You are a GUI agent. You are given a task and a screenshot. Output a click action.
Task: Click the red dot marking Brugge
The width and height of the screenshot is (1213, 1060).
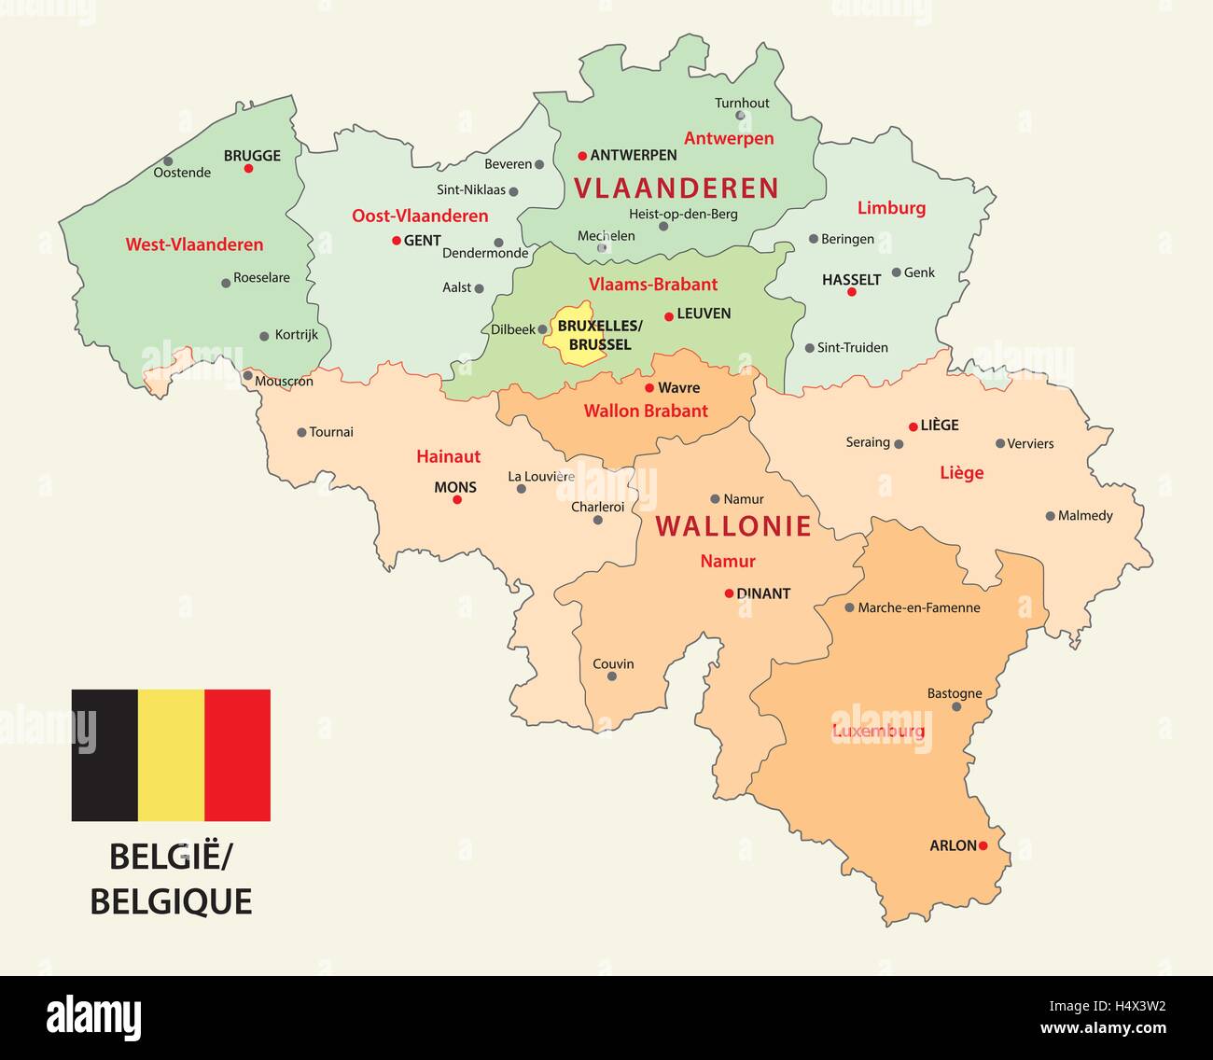[x=248, y=169]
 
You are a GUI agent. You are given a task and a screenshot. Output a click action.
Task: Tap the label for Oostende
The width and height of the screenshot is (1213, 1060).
[x=182, y=173]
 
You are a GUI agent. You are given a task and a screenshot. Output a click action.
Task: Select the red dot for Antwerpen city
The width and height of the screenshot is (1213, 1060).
[x=582, y=156]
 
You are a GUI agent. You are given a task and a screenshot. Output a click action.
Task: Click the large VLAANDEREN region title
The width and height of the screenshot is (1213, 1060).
[x=676, y=188]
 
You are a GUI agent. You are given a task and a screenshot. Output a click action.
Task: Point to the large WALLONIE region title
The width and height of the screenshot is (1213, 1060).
[x=733, y=526]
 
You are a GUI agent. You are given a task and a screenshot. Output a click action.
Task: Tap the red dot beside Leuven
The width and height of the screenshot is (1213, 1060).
[x=669, y=316]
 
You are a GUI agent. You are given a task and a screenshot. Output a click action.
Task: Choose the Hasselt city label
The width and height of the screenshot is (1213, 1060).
[x=851, y=279]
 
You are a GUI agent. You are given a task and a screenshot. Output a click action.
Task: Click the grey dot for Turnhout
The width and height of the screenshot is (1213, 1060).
[x=740, y=116]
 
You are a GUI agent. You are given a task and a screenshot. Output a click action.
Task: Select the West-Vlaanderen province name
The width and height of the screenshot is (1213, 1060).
[x=194, y=244]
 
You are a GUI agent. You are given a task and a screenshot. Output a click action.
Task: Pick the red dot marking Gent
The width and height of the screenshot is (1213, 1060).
[x=397, y=241]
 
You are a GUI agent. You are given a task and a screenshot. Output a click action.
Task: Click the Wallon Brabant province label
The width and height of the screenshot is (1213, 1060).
[x=646, y=411]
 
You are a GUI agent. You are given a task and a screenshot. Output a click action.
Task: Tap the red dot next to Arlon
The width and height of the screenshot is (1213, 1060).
[x=983, y=846]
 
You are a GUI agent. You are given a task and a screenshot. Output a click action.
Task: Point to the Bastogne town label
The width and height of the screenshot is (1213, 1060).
[x=955, y=693]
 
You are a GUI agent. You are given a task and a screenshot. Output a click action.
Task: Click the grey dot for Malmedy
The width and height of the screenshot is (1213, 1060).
[x=1050, y=516]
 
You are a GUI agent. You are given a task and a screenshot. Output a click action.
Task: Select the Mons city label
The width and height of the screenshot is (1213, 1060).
[x=455, y=487]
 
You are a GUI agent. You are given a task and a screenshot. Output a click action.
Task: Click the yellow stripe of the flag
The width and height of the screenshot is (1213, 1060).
[x=171, y=755]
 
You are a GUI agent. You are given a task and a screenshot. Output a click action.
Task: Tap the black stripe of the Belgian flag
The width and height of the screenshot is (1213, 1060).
[x=105, y=755]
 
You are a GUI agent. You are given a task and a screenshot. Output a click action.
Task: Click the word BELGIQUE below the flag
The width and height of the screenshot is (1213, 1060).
[x=171, y=901]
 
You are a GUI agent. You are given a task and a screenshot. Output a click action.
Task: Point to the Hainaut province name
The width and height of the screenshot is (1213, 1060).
[x=448, y=456]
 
